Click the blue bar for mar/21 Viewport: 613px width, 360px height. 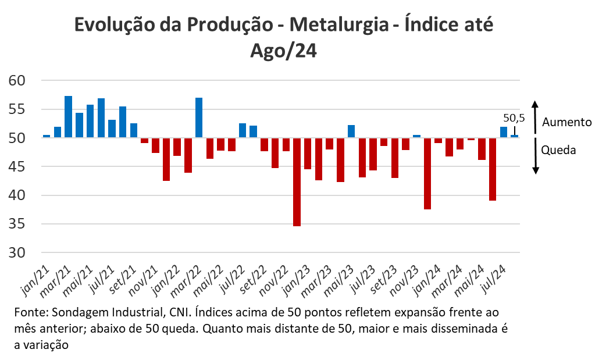(68, 116)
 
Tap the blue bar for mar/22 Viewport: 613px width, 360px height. (199, 117)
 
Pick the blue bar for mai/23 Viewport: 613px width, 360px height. (351, 131)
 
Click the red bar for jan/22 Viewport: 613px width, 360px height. (177, 147)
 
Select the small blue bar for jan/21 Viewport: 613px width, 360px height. (47, 136)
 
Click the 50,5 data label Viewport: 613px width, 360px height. (514, 118)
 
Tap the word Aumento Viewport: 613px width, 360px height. (566, 122)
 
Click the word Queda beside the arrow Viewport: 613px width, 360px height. (558, 150)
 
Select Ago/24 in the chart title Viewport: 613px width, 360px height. (283, 51)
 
